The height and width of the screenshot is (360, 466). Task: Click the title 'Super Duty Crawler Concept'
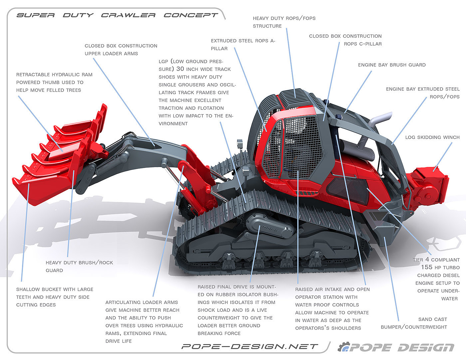pyautogui.click(x=117, y=15)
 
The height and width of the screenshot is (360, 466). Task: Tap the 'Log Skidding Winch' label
pyautogui.click(x=432, y=137)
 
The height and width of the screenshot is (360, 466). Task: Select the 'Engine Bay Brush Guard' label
pyautogui.click(x=392, y=65)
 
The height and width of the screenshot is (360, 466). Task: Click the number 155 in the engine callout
pyautogui.click(x=427, y=267)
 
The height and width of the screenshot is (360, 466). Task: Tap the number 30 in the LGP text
pyautogui.click(x=180, y=69)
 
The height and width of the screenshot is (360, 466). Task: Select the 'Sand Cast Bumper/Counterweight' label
pyautogui.click(x=414, y=323)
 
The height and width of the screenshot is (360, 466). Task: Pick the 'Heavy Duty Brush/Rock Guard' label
pyautogui.click(x=79, y=267)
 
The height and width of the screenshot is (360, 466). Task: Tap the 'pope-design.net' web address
pyautogui.click(x=250, y=347)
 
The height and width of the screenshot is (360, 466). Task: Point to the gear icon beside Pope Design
pyautogui.click(x=343, y=347)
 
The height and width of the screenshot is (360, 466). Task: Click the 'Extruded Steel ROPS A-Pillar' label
pyautogui.click(x=243, y=45)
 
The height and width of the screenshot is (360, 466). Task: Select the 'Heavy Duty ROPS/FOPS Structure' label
pyautogui.click(x=284, y=22)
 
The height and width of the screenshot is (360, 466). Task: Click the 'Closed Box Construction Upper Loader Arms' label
pyautogui.click(x=121, y=50)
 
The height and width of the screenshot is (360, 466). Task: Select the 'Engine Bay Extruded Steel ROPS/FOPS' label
pyautogui.click(x=423, y=93)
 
